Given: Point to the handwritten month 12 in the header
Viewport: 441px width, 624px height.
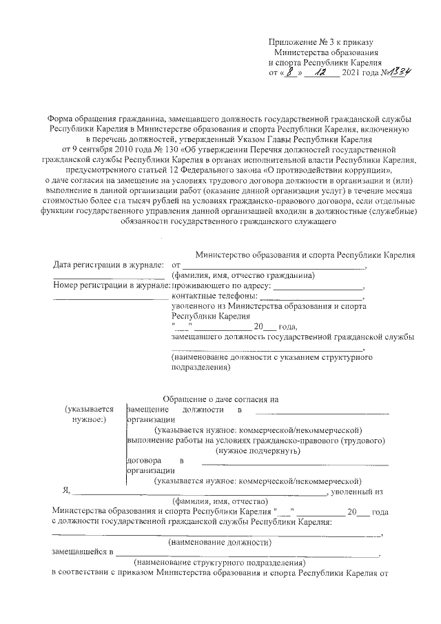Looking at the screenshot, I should click(319, 72).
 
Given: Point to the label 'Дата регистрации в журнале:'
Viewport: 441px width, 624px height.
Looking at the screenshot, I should click(108, 265).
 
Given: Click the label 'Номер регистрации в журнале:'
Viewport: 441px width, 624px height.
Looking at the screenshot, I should click(111, 284).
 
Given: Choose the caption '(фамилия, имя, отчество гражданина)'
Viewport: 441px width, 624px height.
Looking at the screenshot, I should click(243, 274).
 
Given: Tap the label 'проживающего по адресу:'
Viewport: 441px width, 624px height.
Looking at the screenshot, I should click(220, 284).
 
